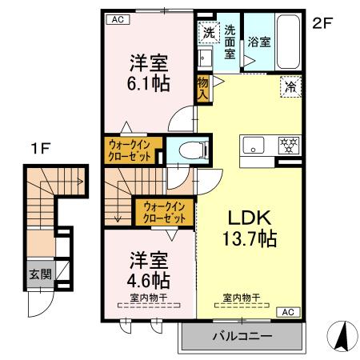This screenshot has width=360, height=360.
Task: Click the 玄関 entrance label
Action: [x=38, y=274]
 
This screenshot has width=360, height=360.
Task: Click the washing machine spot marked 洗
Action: [x=207, y=33]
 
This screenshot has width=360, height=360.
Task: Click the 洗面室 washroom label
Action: [x=230, y=41]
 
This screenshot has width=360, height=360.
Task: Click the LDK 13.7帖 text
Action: [x=247, y=228]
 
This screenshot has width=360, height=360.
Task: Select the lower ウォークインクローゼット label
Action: [x=163, y=211]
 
